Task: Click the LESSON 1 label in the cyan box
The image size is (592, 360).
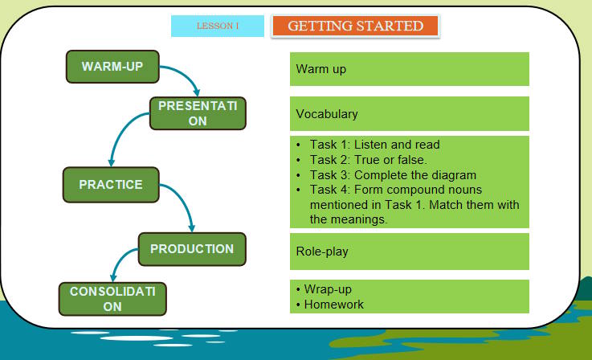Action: pos(218,26)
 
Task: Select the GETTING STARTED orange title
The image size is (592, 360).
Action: pos(355,26)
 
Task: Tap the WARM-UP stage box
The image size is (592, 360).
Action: pos(112,67)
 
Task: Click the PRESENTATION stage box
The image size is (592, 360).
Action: pos(198,113)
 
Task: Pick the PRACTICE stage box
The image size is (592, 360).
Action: pos(111,185)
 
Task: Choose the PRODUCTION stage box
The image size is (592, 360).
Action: pos(191,248)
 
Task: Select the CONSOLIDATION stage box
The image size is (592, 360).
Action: pos(112,298)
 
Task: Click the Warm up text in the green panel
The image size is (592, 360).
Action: pos(320,69)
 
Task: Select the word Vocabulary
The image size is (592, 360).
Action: pos(326,114)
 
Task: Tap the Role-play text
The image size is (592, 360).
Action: pos(322,252)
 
